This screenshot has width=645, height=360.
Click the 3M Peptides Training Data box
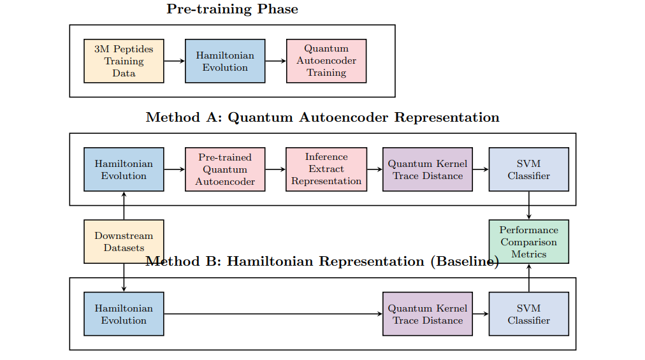pos(124,61)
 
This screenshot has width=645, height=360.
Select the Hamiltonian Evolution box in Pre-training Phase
pos(225,61)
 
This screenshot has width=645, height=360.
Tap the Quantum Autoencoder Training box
pos(326,61)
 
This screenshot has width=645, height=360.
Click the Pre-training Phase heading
pos(232,10)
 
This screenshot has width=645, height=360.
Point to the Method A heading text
pos(322,118)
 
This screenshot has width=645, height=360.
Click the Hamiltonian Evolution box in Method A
pos(124,169)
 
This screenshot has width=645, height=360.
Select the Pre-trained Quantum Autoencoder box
pos(225,169)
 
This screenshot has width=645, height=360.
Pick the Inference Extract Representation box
pos(326,169)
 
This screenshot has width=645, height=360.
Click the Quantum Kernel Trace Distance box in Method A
pos(428,169)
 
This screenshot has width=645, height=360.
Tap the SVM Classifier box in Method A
pos(528,169)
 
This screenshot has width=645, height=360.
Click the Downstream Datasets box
pos(124,241)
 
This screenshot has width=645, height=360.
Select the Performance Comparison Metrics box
pos(528,241)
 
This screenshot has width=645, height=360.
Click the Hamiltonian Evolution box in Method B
pos(124,314)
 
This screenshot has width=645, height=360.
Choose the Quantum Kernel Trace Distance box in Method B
pos(428,314)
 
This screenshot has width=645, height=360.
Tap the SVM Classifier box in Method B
pos(528,314)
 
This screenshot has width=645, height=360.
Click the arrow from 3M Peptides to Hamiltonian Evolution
pos(174,61)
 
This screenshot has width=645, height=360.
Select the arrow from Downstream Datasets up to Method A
pos(124,205)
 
